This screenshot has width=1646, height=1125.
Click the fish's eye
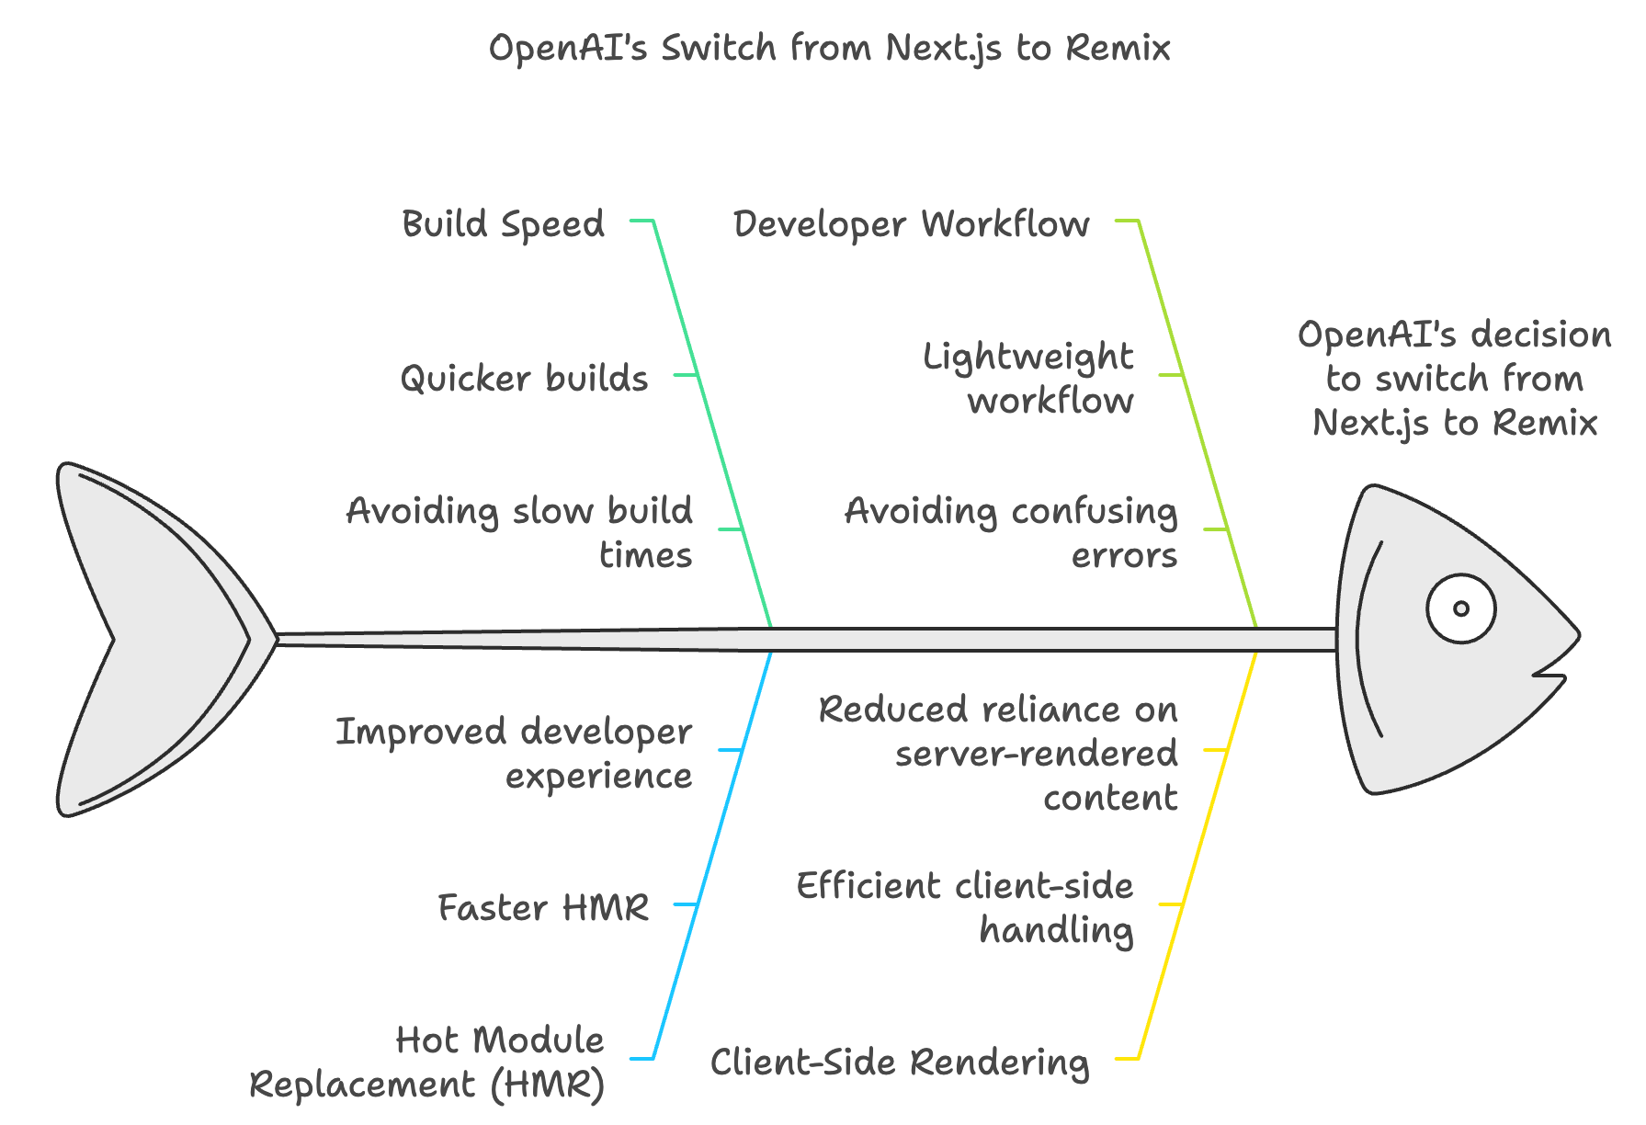coord(1460,608)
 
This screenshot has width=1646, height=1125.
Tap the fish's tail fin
coord(156,639)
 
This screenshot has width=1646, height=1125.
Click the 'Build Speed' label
coord(504,224)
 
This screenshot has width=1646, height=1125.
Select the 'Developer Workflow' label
coord(912,224)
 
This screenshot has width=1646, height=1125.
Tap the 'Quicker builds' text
coord(524,379)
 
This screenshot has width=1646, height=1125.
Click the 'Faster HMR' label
coord(543,908)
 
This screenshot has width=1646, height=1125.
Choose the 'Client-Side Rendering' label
coord(900,1062)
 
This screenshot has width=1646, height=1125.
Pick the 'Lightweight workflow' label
coord(1028,379)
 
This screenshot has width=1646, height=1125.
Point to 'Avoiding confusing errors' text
coord(1011,533)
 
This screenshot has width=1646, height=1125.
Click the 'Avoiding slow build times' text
coord(519,533)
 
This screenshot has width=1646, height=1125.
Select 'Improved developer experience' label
coord(514,754)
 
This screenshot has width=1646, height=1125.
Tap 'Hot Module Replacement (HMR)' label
coord(427,1062)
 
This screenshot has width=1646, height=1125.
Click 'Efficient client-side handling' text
coord(965,908)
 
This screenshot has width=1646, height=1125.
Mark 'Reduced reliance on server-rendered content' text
coord(998,754)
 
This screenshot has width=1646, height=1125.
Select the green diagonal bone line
coord(713,423)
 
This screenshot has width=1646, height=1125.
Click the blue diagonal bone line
coord(713,855)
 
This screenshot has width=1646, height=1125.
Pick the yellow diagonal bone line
coord(1198,855)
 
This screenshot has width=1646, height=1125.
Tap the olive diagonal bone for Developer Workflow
coord(1198,423)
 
